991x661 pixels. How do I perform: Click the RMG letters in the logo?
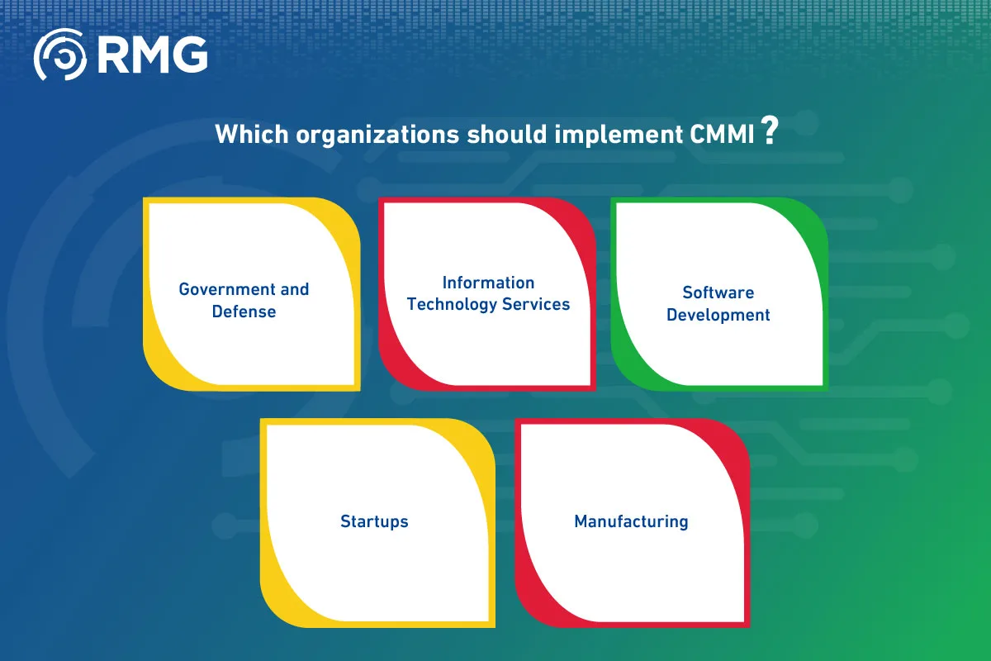[152, 55]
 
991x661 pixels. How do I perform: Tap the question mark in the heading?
[770, 131]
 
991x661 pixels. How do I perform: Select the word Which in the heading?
[252, 134]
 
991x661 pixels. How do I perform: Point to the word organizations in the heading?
[378, 135]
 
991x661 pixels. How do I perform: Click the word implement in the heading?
[619, 135]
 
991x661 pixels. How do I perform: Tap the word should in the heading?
[507, 134]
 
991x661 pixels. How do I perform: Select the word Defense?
[244, 311]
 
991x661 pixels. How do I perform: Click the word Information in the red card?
[488, 283]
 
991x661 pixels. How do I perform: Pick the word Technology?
[452, 305]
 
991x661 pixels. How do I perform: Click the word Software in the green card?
[718, 292]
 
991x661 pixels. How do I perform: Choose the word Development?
[718, 316]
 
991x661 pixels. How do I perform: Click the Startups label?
[374, 521]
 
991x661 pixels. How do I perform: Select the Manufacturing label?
[631, 522]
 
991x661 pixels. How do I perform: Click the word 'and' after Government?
[294, 289]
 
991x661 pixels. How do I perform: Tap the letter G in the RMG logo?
[189, 55]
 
